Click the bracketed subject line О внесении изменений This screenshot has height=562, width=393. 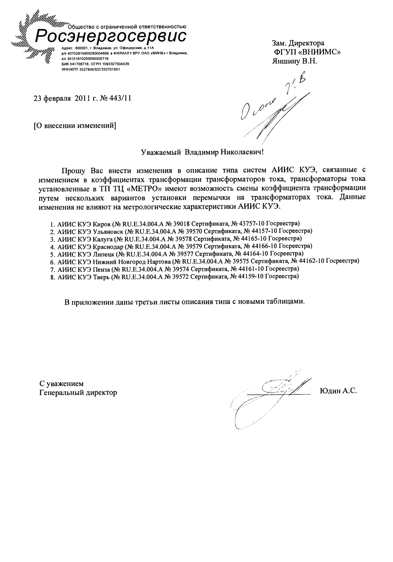click(74, 126)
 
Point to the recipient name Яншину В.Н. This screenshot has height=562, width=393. click(295, 61)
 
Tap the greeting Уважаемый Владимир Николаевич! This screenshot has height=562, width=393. click(202, 152)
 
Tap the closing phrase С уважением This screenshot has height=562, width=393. click(61, 384)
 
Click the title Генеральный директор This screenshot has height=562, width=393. click(78, 393)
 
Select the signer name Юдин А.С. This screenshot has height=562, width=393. click(338, 391)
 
